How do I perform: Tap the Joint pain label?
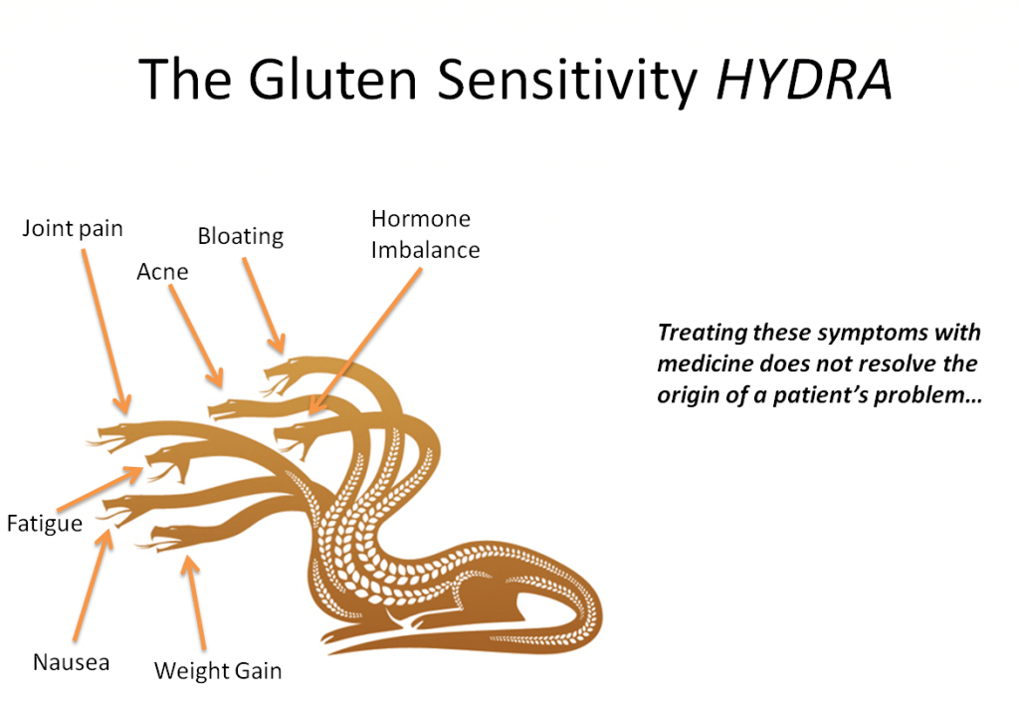coord(73,229)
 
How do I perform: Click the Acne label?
coord(162,272)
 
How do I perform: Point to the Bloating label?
coord(240,237)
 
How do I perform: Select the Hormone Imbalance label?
coord(425,234)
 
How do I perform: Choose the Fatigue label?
coord(44,522)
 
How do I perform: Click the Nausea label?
coord(71,662)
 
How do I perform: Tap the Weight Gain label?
coord(218,670)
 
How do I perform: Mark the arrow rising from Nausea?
coord(91,588)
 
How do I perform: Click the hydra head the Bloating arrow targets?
coord(285,370)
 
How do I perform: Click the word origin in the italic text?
coord(687,394)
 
